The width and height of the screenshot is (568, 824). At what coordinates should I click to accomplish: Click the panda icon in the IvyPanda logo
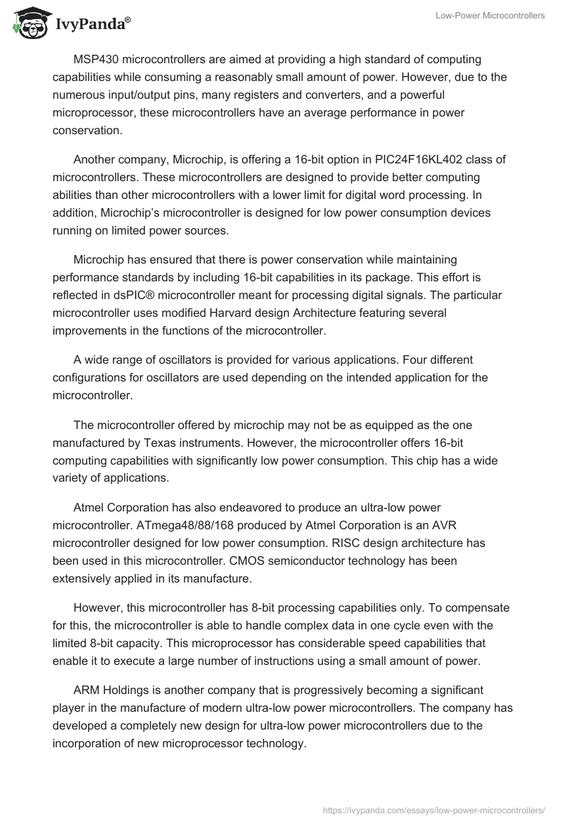coord(26,24)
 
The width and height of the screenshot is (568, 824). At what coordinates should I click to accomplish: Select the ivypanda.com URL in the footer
coord(434,809)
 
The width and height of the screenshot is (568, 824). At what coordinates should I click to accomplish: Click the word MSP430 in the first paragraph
coord(97,59)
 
